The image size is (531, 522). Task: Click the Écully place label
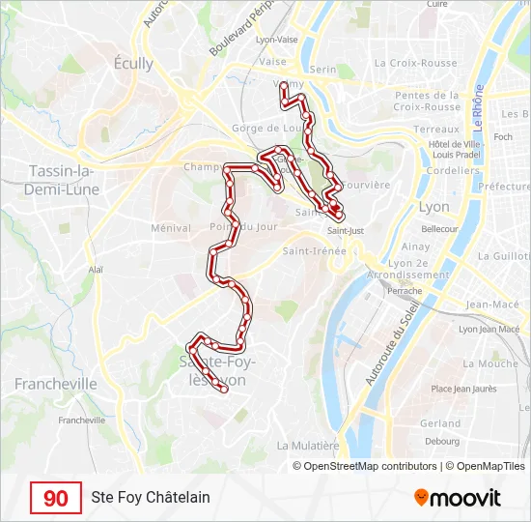(133, 64)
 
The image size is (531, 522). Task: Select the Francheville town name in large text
(56, 384)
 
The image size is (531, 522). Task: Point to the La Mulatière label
(308, 446)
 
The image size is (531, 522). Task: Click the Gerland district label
(440, 423)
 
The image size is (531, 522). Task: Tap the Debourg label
(442, 442)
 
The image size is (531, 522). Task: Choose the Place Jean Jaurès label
(463, 389)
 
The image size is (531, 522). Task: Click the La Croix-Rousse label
(416, 63)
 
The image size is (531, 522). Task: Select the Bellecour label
(439, 229)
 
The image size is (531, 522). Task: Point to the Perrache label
(405, 290)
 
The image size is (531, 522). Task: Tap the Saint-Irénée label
(314, 251)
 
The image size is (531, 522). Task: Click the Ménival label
(171, 228)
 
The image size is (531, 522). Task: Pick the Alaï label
(96, 271)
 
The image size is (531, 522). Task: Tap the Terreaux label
(436, 129)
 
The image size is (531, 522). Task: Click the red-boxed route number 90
(56, 498)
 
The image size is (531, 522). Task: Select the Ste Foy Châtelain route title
(151, 498)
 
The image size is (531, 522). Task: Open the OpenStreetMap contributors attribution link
(365, 466)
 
